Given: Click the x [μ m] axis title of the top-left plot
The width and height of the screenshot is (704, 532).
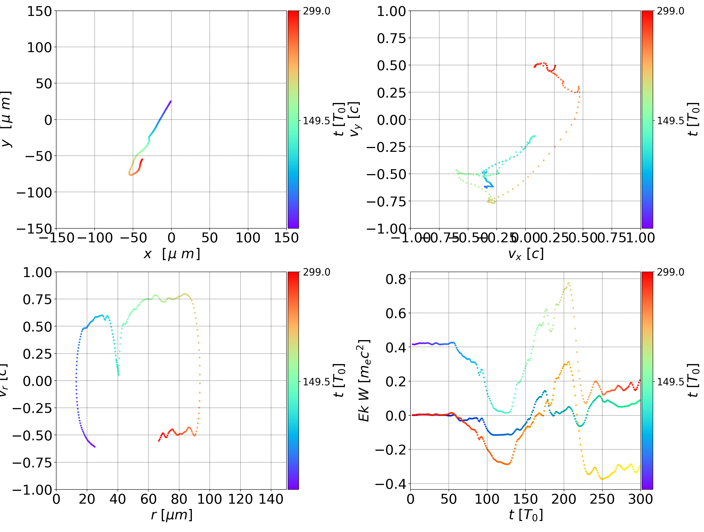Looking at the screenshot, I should coord(172,254).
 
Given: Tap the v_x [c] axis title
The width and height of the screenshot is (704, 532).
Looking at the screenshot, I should coord(526,254).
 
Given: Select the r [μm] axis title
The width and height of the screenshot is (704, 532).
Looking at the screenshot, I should coord(172,515).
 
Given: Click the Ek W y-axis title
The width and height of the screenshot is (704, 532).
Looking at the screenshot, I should coord(364,380).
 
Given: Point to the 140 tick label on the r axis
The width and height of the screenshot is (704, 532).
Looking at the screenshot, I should coord(271,499).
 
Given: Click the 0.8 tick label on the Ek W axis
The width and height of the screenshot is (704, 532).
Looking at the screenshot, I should coord(396,279).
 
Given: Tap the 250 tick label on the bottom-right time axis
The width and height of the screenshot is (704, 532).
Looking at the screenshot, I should coord(602,499).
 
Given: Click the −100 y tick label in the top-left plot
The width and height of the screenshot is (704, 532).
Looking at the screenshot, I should coord(34,192).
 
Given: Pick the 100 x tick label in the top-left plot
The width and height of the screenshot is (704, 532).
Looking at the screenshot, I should coord(248,238).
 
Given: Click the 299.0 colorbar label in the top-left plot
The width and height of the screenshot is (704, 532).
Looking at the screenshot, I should coord(316,11).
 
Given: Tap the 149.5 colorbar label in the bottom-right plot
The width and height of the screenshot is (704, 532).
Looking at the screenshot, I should coord(670,381).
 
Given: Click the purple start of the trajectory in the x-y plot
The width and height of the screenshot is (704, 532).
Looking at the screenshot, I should coord(171,101).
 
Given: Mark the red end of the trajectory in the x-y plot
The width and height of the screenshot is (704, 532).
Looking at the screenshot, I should coord(142,159).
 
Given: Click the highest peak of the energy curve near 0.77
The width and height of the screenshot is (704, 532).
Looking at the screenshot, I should coord(568,283).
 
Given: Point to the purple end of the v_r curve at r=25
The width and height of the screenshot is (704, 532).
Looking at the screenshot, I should coord(95,447).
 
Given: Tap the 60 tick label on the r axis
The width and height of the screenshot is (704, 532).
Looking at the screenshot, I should coord(148,499).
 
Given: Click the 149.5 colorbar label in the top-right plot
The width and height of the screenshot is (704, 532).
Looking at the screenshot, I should coord(670,121).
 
